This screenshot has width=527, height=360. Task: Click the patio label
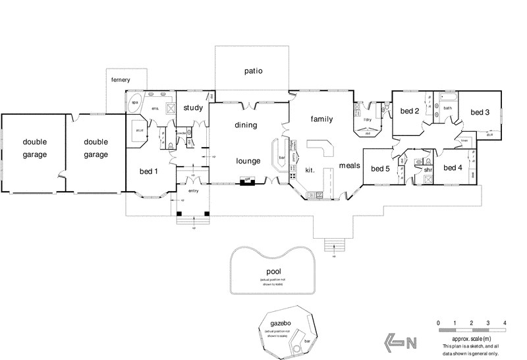(x=254, y=70)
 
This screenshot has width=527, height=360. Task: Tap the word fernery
(x=121, y=80)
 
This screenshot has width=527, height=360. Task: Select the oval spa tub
(x=136, y=104)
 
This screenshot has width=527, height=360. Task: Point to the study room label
(x=192, y=108)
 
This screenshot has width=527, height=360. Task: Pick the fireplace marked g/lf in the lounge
(x=247, y=180)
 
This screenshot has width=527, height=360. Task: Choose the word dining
(x=245, y=125)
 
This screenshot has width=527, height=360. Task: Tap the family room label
(x=321, y=119)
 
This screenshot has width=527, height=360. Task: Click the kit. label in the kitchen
(x=310, y=170)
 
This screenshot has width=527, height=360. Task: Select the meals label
(x=349, y=165)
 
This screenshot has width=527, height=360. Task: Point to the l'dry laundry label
(x=368, y=119)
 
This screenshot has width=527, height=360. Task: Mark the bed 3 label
(x=478, y=112)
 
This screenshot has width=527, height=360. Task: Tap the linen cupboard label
(x=464, y=140)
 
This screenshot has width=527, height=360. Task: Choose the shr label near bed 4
(x=428, y=169)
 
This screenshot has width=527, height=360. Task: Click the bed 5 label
(x=380, y=168)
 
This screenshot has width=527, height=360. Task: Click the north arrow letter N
(x=412, y=342)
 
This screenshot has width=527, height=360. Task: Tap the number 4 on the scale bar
(x=505, y=322)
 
